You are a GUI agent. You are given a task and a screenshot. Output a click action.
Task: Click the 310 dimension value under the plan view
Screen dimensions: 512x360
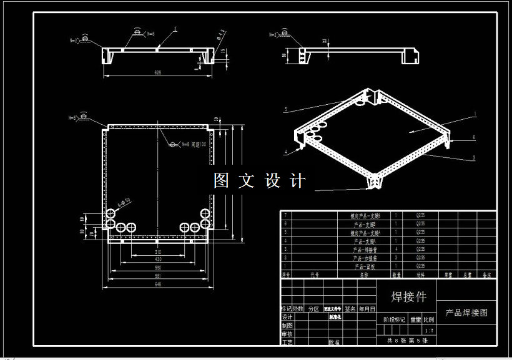point(158,253)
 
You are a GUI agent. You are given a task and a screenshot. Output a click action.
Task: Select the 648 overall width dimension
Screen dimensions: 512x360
point(158,284)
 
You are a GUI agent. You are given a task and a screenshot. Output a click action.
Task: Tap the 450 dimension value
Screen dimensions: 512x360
point(158,260)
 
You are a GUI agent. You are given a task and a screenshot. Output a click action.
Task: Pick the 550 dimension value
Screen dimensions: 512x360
point(158,268)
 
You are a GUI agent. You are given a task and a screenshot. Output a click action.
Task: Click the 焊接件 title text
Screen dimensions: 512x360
point(408,296)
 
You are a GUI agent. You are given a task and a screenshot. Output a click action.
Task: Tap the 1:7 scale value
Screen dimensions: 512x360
point(428,330)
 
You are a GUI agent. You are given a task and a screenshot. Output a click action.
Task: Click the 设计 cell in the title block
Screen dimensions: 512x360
point(287,317)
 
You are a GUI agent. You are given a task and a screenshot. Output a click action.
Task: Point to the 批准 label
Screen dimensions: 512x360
point(334,342)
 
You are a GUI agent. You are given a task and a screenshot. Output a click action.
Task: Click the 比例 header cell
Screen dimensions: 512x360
point(428,319)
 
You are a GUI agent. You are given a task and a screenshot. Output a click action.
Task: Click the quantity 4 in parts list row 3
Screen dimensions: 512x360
point(396,249)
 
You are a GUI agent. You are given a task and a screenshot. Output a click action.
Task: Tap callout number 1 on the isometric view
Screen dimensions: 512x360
point(475,114)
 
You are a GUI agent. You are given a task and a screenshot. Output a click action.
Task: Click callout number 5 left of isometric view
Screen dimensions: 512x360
point(285,109)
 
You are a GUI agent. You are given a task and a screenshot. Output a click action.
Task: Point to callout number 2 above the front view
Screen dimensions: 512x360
point(175,29)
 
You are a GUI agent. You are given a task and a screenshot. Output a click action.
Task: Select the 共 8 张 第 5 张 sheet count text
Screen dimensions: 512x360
point(408,340)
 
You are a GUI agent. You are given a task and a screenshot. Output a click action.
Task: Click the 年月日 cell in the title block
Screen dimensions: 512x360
point(367,309)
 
